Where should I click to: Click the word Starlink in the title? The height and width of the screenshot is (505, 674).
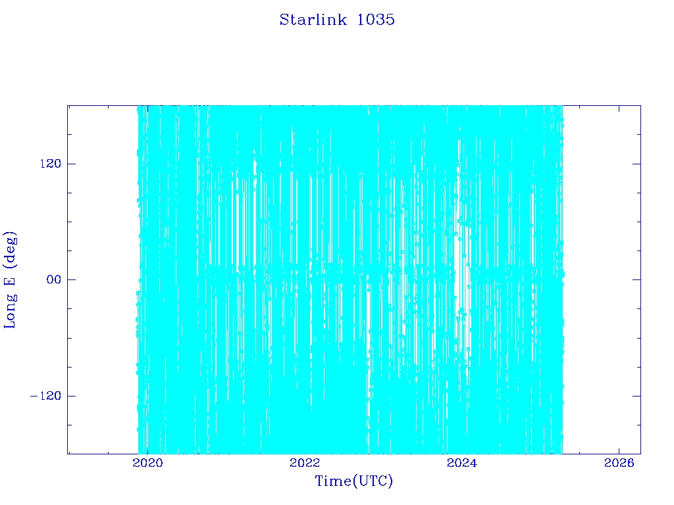313,20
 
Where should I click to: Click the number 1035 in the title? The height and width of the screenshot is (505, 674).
376,20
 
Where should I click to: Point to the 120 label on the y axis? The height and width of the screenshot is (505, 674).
51,164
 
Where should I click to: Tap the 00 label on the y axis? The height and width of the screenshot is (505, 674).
54,279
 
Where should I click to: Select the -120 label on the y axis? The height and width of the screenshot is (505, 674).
45,396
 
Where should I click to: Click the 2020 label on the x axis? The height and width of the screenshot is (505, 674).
147,463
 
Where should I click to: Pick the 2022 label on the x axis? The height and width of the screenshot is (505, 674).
305,463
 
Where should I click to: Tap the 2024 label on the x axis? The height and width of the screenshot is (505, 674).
461,463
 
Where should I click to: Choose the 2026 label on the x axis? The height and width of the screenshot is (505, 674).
619,463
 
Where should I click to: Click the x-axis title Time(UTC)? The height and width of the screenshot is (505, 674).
353,481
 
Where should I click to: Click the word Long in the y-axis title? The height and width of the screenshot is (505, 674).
10,310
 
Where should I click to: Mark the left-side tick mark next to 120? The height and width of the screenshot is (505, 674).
71,164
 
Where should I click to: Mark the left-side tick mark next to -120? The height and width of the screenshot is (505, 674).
71,396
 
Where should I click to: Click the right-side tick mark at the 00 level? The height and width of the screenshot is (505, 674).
636,279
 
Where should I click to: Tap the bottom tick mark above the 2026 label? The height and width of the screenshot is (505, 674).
619,450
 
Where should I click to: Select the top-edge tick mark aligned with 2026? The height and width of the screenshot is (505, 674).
619,109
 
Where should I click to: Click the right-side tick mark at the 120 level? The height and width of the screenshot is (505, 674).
636,164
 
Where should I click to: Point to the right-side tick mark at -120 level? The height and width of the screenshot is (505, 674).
636,396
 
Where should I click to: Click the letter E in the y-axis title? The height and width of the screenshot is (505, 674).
10,280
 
